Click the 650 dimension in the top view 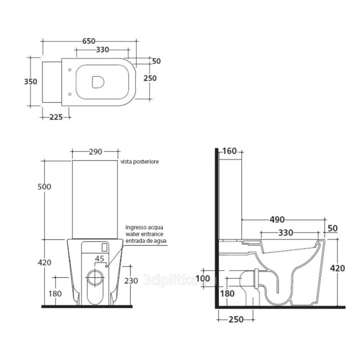coord(89,41)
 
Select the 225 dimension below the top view coord(56,117)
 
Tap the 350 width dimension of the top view coord(31,81)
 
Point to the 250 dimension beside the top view coord(150,78)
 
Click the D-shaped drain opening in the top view coord(98,82)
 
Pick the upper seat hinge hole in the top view coord(70,70)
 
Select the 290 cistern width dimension coord(95,152)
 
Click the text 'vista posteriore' coord(139,162)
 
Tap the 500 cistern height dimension coord(44,187)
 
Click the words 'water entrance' coord(144,234)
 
